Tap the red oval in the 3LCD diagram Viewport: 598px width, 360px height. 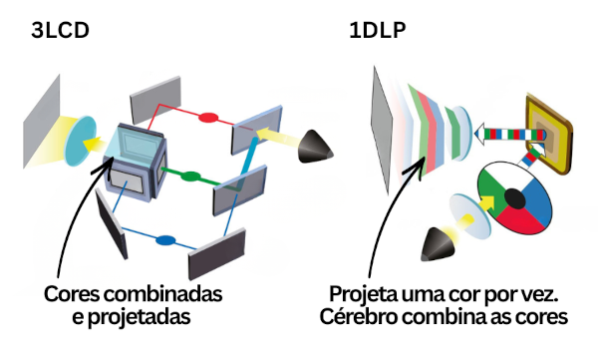point(209,118)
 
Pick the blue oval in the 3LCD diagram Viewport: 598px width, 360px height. point(165,240)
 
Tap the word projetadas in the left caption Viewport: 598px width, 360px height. point(146,318)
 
